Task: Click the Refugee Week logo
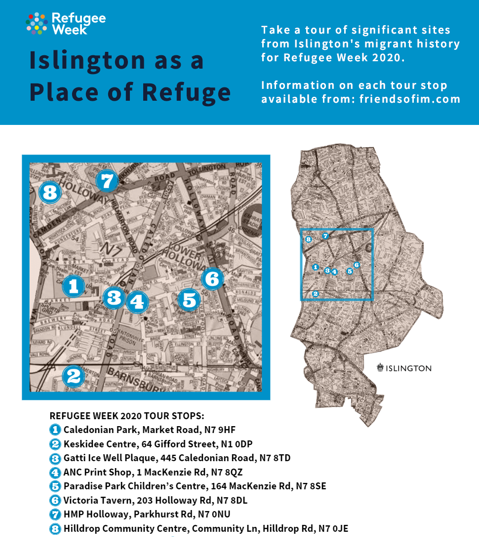pyautogui.click(x=66, y=24)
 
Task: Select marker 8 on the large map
pyautogui.click(x=49, y=193)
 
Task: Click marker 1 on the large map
pyautogui.click(x=74, y=285)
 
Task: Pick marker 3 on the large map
pyautogui.click(x=114, y=297)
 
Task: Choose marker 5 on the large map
pyautogui.click(x=189, y=300)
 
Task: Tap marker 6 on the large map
pyautogui.click(x=212, y=279)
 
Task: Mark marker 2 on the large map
pyautogui.click(x=73, y=377)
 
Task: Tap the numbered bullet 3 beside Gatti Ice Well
pyautogui.click(x=55, y=458)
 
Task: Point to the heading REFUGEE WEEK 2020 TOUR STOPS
pyautogui.click(x=127, y=415)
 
